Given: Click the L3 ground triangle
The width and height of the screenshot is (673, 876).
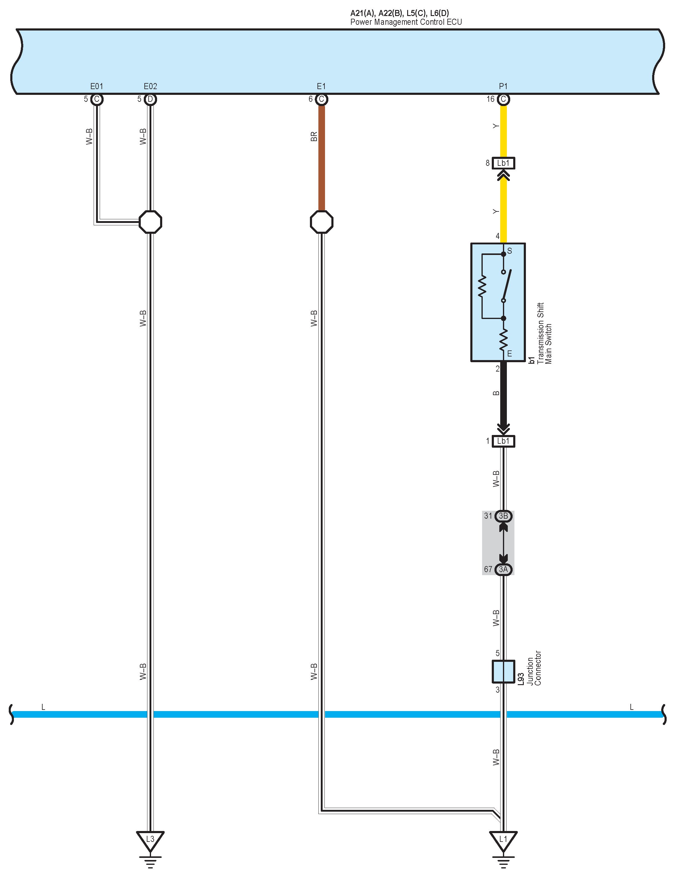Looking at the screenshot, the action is pyautogui.click(x=150, y=839).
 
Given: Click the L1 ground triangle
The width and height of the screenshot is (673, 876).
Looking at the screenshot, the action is pyautogui.click(x=503, y=839).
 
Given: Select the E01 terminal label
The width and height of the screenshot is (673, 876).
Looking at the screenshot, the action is pyautogui.click(x=97, y=86).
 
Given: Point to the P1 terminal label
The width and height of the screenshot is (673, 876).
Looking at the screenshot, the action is pyautogui.click(x=503, y=86).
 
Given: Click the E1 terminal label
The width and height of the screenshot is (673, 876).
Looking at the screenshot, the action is pyautogui.click(x=321, y=86).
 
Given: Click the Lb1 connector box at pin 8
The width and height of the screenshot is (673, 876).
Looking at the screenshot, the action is pyautogui.click(x=503, y=163).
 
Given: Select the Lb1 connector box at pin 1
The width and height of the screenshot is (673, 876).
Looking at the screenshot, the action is pyautogui.click(x=503, y=441).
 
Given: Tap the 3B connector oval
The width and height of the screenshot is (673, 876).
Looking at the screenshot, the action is pyautogui.click(x=503, y=516).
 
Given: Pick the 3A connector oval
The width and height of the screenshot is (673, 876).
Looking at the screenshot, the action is pyautogui.click(x=503, y=569).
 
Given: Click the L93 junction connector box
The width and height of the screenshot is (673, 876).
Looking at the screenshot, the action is pyautogui.click(x=503, y=671).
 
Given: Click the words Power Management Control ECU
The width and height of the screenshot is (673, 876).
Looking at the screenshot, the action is pyautogui.click(x=406, y=22).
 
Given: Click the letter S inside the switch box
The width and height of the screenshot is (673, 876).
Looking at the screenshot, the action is pyautogui.click(x=510, y=251).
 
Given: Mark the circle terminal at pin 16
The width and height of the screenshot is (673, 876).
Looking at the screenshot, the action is pyautogui.click(x=503, y=99).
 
